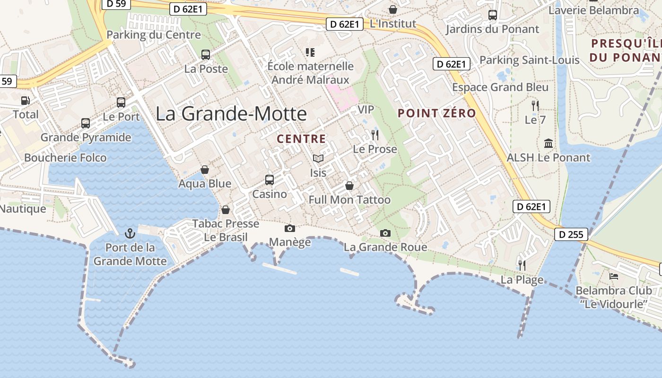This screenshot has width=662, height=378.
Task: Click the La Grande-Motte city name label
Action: [231, 114]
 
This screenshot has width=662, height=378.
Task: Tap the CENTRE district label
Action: [301, 139]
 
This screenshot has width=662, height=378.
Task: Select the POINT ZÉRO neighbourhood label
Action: [436, 113]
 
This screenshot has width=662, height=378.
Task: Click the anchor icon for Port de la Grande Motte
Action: [130, 233]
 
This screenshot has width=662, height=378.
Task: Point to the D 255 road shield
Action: [571, 234]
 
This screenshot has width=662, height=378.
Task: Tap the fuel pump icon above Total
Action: [25, 101]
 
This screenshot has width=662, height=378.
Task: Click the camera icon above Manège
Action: [290, 229]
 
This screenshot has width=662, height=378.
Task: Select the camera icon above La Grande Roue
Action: [385, 233]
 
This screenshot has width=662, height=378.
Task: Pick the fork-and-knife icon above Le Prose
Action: [375, 135]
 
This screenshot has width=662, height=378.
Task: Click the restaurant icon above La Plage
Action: [522, 265]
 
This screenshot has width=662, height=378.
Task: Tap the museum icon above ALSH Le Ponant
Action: [549, 143]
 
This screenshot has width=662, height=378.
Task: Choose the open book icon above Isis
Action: [318, 159]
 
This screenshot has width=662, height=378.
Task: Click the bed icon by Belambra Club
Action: [614, 276]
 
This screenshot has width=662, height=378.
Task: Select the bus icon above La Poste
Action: [206, 55]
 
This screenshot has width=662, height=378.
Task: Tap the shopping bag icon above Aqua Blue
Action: [205, 170]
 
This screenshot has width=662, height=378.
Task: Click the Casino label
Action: [270, 194]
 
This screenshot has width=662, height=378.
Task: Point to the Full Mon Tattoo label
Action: [349, 200]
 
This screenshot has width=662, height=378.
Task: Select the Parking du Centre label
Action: [154, 35]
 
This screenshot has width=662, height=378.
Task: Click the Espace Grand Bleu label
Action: [500, 87]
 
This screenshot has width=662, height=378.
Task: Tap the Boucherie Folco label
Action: [65, 158]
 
